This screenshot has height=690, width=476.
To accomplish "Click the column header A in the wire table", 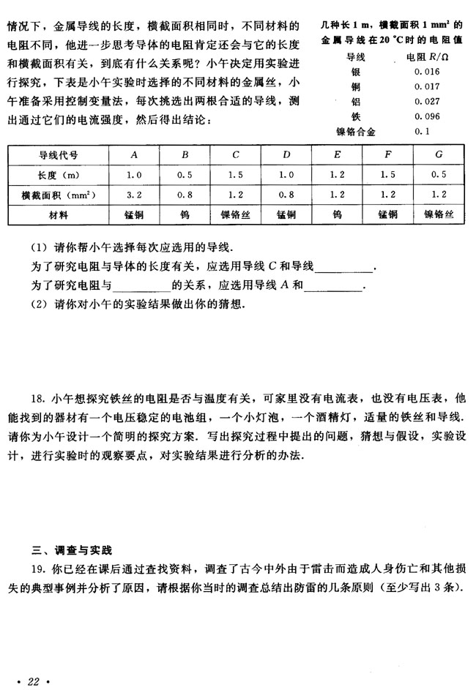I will tap(134, 155).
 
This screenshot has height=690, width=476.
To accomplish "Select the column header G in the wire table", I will tap(439, 155).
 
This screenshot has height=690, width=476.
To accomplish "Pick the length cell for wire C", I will tap(235, 176).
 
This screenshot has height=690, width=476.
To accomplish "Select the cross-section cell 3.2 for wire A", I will tap(134, 195).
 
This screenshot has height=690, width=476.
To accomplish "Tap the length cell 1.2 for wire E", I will tap(337, 176).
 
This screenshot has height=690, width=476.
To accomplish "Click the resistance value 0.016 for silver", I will tap(426, 72).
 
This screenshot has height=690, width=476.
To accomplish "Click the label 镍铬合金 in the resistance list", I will tap(355, 131).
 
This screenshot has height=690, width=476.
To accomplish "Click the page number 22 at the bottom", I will tap(32, 680).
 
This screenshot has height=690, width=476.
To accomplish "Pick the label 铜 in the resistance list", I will tap(355, 86).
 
